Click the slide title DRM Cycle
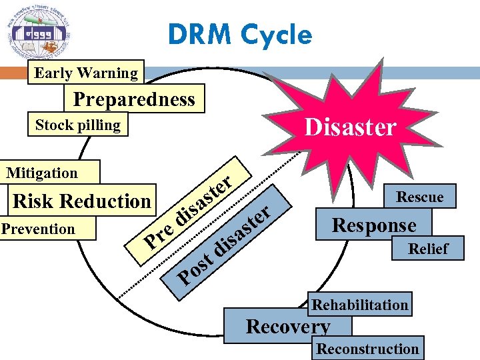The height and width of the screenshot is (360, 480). click(x=239, y=35)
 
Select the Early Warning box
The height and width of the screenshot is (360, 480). click(x=85, y=73)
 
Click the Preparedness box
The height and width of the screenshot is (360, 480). click(x=134, y=99)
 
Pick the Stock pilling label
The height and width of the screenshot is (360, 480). click(x=77, y=125)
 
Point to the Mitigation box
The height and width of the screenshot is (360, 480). click(x=43, y=173)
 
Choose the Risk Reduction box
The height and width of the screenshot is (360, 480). click(x=82, y=201)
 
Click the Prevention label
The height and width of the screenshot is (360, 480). click(x=38, y=229)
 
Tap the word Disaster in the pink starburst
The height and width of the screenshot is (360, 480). click(x=350, y=126)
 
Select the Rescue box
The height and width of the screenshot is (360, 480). click(x=419, y=196)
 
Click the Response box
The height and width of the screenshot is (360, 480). click(x=374, y=225)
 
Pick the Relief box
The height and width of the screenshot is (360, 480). click(x=428, y=249)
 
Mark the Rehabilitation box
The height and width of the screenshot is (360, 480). click(x=360, y=305)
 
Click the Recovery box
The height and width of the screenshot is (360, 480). click(x=287, y=327)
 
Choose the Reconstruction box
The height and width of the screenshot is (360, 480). click(x=367, y=349)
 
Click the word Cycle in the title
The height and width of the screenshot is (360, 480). click(x=278, y=35)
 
